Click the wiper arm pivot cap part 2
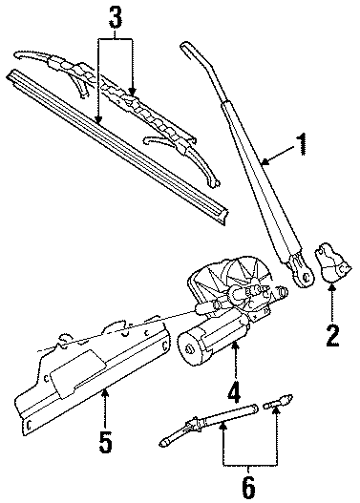coord(331,262)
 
